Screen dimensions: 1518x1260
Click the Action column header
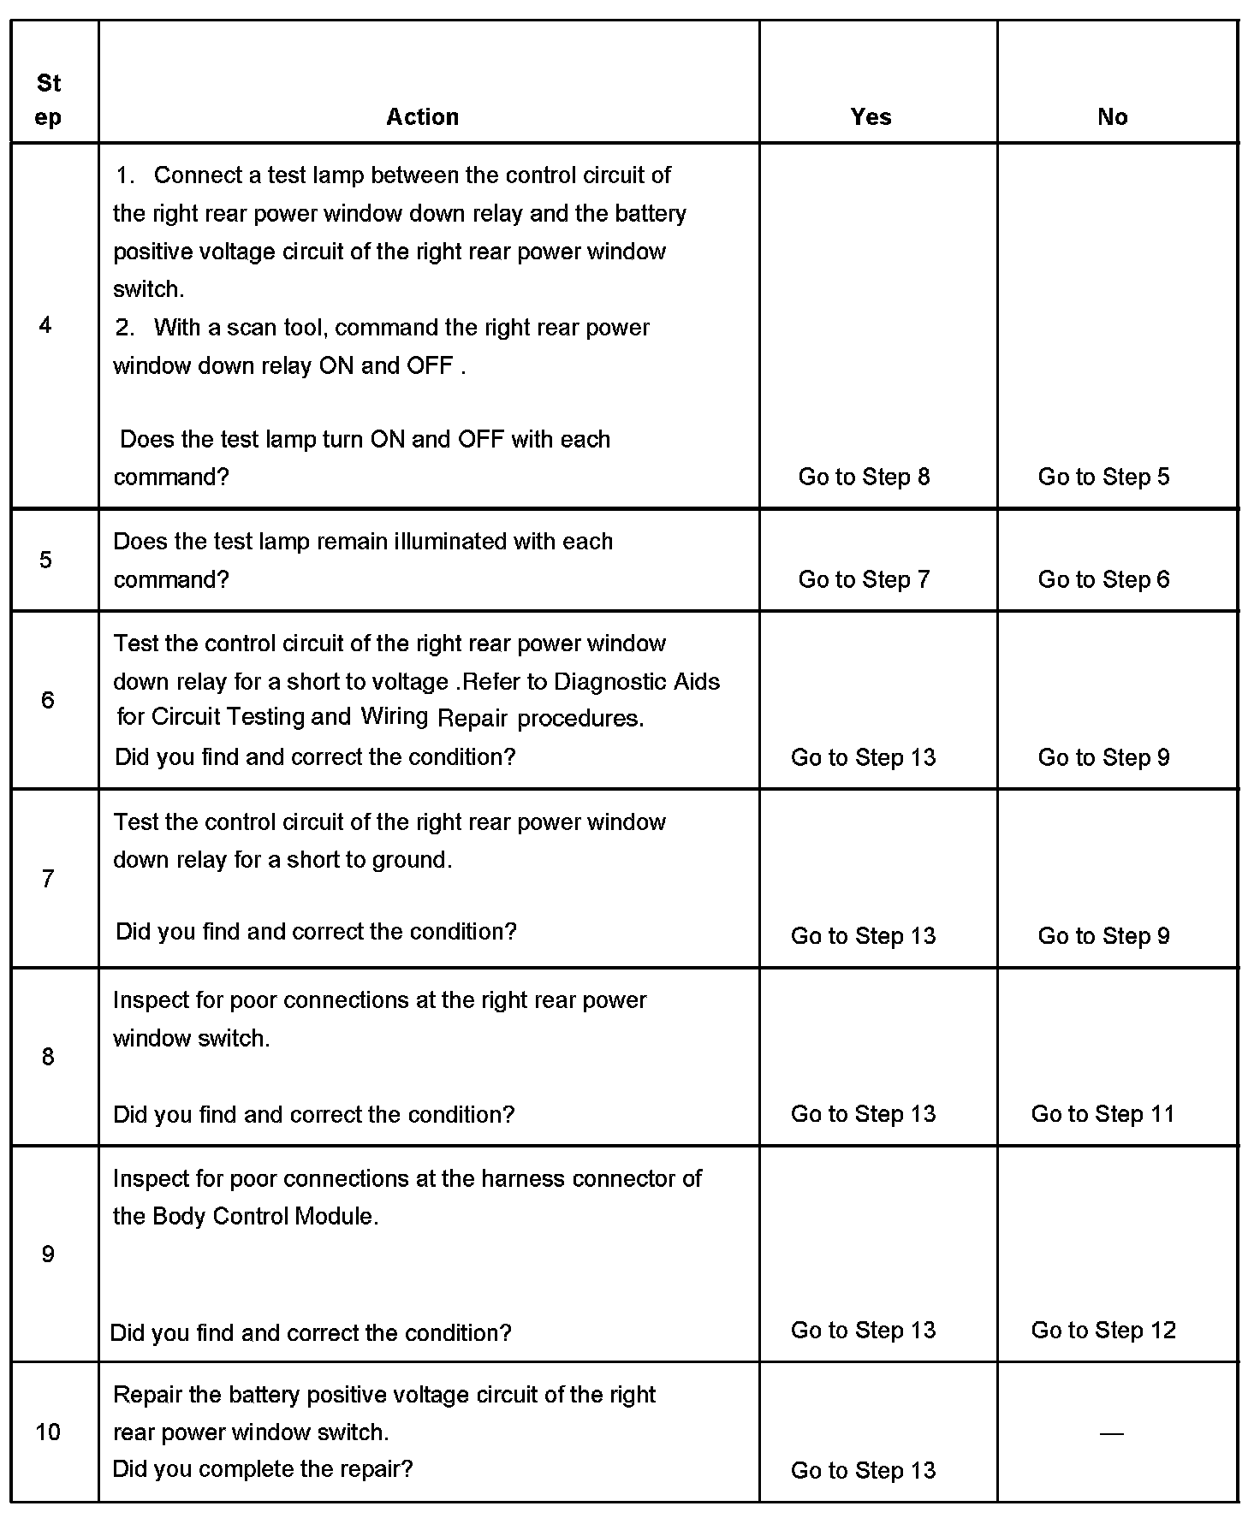(x=422, y=116)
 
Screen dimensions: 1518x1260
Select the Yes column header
(x=871, y=116)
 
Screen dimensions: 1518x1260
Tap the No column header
(x=1112, y=116)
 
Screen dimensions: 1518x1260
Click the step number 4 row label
(x=45, y=324)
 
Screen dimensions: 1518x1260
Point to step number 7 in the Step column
(x=48, y=878)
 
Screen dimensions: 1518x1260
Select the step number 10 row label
(x=48, y=1431)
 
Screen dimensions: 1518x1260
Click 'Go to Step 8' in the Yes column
(x=864, y=477)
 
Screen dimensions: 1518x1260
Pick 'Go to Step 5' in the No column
(x=1103, y=477)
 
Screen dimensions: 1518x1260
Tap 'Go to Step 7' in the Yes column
(x=864, y=579)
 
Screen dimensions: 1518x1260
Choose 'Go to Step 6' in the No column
(x=1103, y=579)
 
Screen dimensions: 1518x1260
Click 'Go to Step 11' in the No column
(x=1102, y=1113)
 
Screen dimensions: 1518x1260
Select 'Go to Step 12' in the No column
(x=1103, y=1330)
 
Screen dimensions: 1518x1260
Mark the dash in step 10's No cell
(x=1111, y=1432)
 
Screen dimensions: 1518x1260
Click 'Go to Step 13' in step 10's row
(x=863, y=1470)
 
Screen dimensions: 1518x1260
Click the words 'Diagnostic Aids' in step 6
(x=637, y=681)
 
